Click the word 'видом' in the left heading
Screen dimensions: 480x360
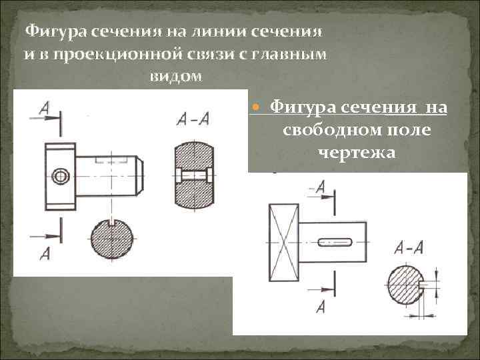(174, 77)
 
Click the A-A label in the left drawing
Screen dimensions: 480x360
(193, 119)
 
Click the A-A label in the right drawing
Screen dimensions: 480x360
(408, 248)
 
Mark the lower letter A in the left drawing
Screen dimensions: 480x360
(45, 253)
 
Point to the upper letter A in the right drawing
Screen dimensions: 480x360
(320, 187)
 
